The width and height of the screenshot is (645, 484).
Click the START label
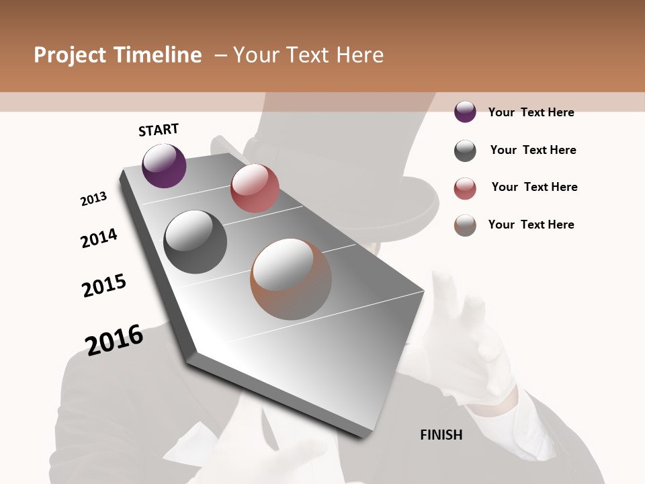coord(159,130)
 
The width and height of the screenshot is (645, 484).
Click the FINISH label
coord(441,435)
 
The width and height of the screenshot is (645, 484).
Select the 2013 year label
coord(93,199)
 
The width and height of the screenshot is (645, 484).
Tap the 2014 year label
coord(99,238)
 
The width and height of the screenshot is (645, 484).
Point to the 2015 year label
coord(104,286)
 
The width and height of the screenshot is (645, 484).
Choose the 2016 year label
coord(114,339)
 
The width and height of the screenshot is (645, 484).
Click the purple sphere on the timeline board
coord(164,166)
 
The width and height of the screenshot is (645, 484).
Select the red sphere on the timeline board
coord(255,188)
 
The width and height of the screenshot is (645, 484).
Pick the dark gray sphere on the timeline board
coord(195,242)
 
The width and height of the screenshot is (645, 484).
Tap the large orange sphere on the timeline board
coord(291,279)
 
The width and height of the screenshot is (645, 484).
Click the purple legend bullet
coord(465,112)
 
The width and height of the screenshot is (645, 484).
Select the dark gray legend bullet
coord(465,151)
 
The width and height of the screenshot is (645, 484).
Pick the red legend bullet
coord(465,188)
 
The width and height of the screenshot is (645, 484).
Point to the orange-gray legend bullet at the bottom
coord(465,225)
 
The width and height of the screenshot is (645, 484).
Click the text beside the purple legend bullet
coord(531,112)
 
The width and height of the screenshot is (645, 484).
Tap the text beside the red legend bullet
coord(534,187)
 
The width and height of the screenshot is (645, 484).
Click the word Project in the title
coord(69,55)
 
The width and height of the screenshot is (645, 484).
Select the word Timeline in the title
coord(159,55)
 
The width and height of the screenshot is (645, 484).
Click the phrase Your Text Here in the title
coord(308,55)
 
